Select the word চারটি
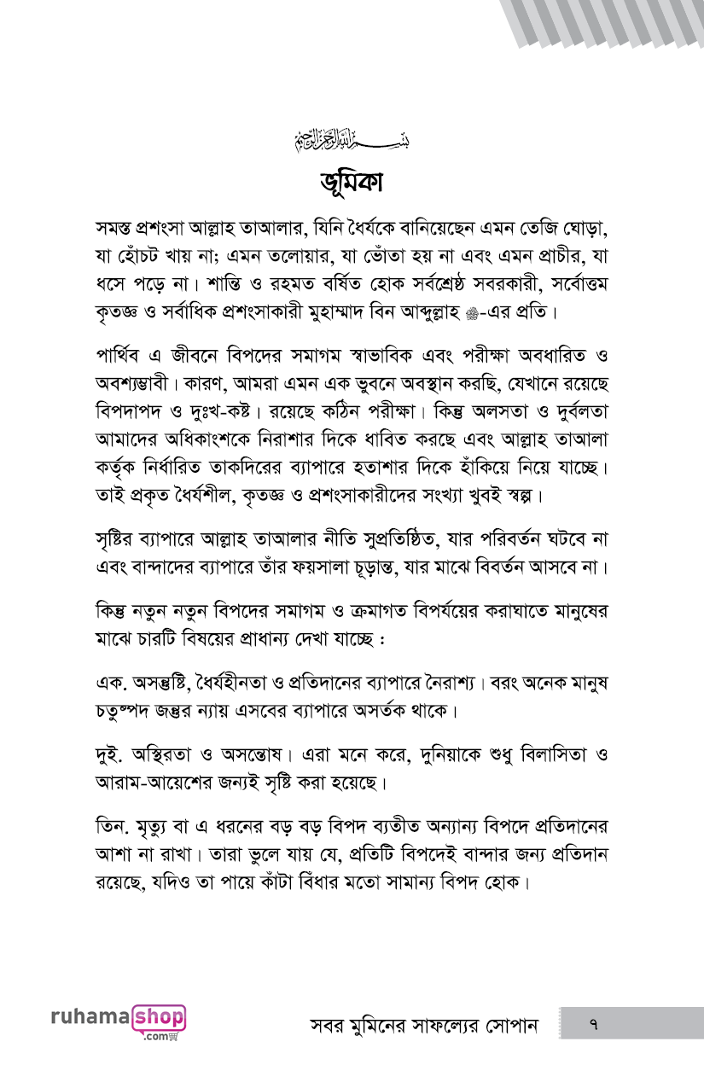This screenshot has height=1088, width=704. click(175, 637)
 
